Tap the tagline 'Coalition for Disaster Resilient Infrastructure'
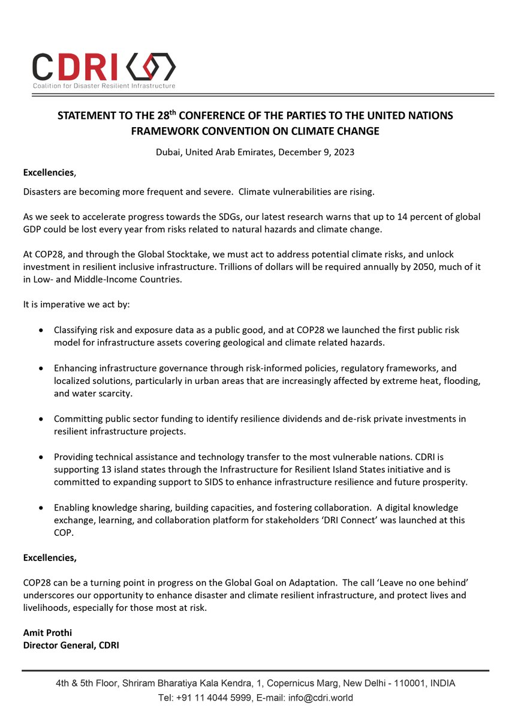pos(104,86)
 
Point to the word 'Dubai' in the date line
pos(167,152)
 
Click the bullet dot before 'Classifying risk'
pos(40,331)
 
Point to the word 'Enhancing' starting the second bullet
pos(74,368)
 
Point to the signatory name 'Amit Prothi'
pos(47,634)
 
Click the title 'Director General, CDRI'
pos(71,646)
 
